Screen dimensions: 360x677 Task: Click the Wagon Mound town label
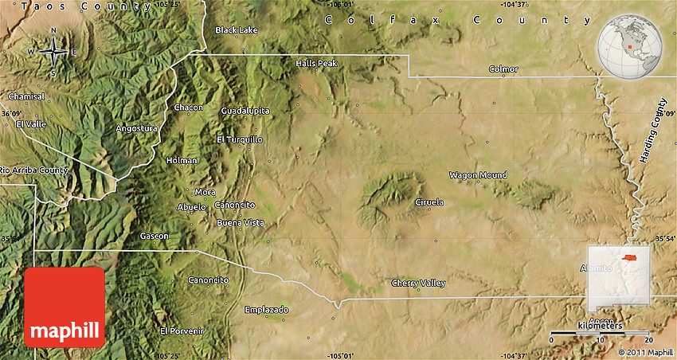click(x=478, y=175)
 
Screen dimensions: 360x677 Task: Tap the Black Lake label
click(x=237, y=30)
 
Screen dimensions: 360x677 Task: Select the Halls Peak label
click(x=316, y=63)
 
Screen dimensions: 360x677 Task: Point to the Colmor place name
click(x=503, y=69)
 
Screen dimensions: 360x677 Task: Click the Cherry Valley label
click(x=418, y=284)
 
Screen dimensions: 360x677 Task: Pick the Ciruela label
click(x=429, y=202)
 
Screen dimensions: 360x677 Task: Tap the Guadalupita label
click(x=245, y=111)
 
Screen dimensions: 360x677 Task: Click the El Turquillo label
click(x=239, y=139)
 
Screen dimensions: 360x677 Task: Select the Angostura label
click(x=137, y=128)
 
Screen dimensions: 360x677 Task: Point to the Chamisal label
click(x=26, y=96)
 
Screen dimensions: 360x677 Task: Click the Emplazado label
click(x=267, y=309)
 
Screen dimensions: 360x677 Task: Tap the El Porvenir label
click(x=182, y=331)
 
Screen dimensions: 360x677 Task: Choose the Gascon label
click(x=154, y=236)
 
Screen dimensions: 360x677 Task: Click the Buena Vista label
click(x=241, y=222)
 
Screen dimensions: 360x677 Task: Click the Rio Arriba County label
click(x=34, y=170)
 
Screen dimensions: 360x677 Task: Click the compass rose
click(x=53, y=53)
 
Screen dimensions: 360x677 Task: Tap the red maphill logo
click(x=65, y=307)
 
